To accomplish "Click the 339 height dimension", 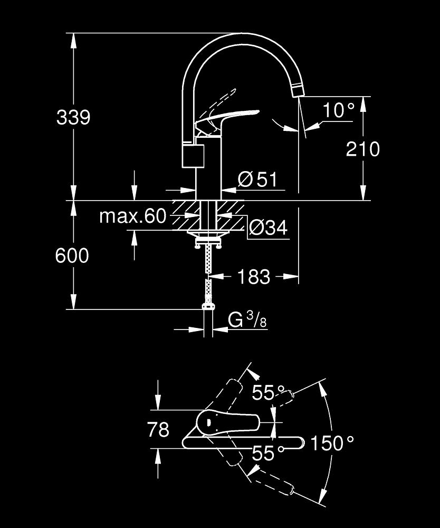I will click(x=73, y=117).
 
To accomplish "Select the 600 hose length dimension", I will click(x=72, y=256).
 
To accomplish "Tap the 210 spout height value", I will click(x=362, y=149).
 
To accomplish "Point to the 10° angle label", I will click(x=339, y=110).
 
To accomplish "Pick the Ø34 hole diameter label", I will click(x=267, y=228).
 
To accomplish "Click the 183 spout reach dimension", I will click(x=254, y=276).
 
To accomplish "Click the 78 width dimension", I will click(x=158, y=430).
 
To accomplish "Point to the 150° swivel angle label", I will click(x=331, y=442).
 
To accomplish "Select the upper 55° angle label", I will click(x=263, y=392).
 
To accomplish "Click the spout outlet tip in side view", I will click(x=298, y=91).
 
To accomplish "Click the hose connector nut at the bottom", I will click(x=208, y=306).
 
